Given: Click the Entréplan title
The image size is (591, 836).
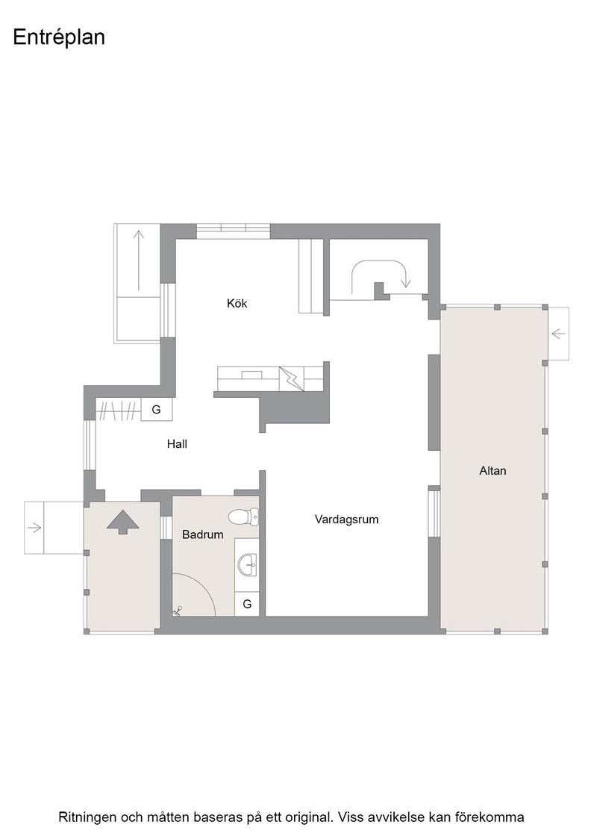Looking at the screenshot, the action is click(x=59, y=38).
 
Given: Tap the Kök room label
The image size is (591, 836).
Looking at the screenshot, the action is click(x=237, y=303).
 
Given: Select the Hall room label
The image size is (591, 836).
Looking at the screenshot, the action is click(x=177, y=443).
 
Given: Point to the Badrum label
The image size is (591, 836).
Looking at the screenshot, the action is click(x=202, y=534).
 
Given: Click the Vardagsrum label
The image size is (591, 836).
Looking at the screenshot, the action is click(x=346, y=520).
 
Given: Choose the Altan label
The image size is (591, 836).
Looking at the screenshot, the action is click(x=492, y=471).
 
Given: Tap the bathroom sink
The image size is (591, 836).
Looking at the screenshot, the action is click(x=247, y=564).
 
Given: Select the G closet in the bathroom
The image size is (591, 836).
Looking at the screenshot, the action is click(x=247, y=604).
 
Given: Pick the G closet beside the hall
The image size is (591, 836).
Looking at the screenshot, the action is click(x=156, y=410).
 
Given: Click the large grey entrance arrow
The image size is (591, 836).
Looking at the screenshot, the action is click(x=122, y=522).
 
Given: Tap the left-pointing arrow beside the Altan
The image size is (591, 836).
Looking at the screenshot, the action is click(x=558, y=334).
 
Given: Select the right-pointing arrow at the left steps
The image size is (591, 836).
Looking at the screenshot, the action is click(x=34, y=528).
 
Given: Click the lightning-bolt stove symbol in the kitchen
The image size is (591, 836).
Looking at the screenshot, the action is click(x=292, y=378).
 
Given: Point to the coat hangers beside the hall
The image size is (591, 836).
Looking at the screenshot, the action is click(x=119, y=410).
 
